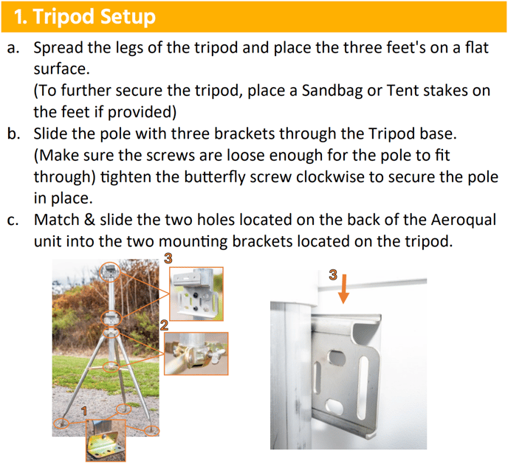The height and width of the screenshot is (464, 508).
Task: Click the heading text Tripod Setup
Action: pyautogui.click(x=85, y=16)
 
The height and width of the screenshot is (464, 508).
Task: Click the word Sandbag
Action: pyautogui.click(x=332, y=91)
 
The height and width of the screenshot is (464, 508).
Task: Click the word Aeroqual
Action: pyautogui.click(x=464, y=220)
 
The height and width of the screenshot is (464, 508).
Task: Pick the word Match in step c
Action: pyautogui.click(x=57, y=220)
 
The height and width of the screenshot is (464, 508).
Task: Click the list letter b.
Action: pyautogui.click(x=13, y=134)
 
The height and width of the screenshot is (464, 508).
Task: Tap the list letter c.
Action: pyautogui.click(x=13, y=221)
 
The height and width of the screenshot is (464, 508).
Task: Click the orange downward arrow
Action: pyautogui.click(x=343, y=289)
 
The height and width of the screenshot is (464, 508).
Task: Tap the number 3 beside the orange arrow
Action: pyautogui.click(x=333, y=275)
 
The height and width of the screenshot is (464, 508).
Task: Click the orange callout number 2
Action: pyautogui.click(x=164, y=325)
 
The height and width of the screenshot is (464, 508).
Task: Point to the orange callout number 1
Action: pyautogui.click(x=84, y=411)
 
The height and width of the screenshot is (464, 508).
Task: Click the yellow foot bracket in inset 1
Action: pyautogui.click(x=105, y=444)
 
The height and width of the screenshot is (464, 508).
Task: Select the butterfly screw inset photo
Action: pyautogui.click(x=196, y=353)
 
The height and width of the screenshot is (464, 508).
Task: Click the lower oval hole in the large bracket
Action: pyautogui.click(x=333, y=405)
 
